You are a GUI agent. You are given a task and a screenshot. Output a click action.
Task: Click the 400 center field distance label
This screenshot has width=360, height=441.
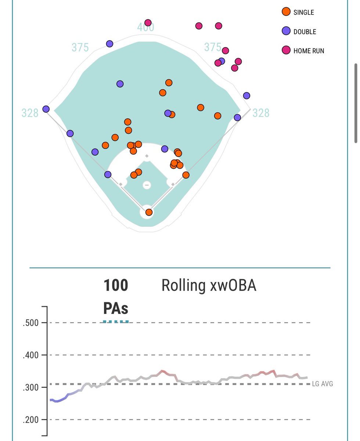[146, 28]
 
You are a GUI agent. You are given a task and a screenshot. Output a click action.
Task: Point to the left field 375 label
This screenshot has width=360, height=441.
[80, 47]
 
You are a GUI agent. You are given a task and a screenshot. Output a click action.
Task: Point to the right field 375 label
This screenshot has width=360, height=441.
[213, 47]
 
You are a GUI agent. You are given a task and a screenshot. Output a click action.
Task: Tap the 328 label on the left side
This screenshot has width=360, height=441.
[30, 113]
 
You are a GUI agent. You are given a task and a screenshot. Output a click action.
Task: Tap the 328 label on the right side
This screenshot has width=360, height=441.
[261, 113]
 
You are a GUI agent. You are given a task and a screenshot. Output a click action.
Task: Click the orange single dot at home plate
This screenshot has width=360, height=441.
[149, 212]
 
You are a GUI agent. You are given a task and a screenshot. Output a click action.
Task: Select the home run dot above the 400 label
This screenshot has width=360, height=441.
[148, 23]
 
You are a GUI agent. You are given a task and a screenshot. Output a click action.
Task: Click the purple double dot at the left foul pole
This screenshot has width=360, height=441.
[46, 109]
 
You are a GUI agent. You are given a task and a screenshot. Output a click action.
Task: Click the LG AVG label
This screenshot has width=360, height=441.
[322, 384]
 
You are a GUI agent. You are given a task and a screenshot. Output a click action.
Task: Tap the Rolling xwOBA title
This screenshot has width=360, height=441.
[209, 286]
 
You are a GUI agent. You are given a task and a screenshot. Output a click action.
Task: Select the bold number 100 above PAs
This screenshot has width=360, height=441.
[116, 286]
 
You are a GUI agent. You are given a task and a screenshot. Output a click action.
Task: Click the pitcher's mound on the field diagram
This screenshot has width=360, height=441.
[147, 185]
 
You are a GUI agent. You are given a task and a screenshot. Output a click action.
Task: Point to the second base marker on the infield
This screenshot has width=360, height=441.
[147, 157]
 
